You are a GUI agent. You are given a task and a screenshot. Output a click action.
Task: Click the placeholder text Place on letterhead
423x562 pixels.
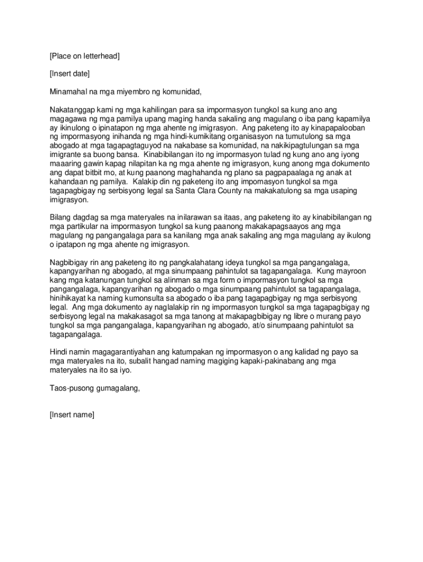tap(85, 56)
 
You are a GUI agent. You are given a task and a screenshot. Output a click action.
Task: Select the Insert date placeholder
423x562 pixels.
tap(69, 74)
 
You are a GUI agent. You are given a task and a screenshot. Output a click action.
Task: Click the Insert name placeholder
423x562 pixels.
tap(71, 414)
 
